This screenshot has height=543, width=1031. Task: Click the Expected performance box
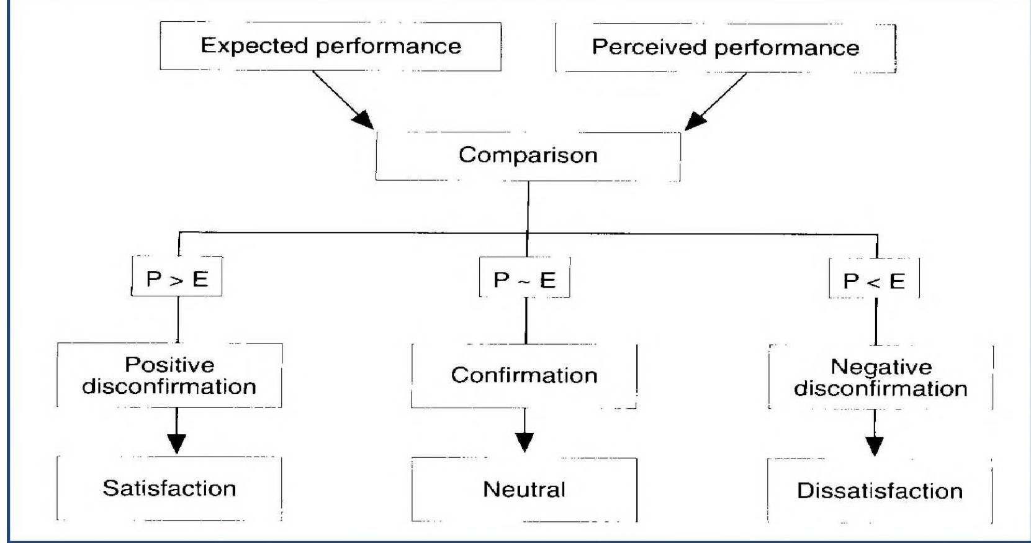330,47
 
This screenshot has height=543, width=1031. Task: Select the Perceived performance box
725,48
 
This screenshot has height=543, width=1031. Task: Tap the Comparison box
528,155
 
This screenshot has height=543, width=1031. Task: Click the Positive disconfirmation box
169,375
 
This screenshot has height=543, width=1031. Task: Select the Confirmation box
524,375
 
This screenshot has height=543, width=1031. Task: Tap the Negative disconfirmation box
880,378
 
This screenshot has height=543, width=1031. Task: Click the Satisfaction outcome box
169,488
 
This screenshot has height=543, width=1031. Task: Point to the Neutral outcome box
524,490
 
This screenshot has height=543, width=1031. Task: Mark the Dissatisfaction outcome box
880,491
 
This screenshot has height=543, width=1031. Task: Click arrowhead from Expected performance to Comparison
363,119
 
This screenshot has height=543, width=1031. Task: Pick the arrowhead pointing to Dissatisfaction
875,445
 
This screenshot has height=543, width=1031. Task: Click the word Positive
169,365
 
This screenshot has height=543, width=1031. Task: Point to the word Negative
881,367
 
